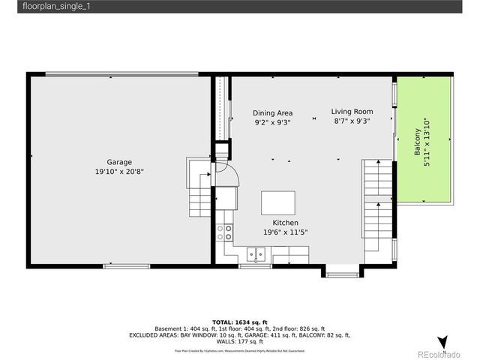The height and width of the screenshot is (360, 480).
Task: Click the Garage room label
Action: pyautogui.click(x=119, y=162)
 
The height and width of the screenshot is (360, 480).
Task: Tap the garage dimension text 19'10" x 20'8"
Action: pyautogui.click(x=119, y=172)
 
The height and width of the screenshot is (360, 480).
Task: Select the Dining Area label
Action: pyautogui.click(x=272, y=113)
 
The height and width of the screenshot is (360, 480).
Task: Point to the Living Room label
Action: pyautogui.click(x=352, y=112)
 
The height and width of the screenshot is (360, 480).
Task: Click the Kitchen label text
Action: pyautogui.click(x=285, y=223)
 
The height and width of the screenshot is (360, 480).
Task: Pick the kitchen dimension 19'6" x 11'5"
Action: pyautogui.click(x=285, y=232)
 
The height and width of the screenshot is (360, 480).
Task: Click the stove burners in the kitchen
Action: pyautogui.click(x=224, y=232)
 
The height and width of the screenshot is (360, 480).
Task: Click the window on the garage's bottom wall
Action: pyautogui.click(x=126, y=265)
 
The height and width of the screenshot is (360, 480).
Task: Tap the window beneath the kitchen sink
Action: pyautogui.click(x=255, y=266)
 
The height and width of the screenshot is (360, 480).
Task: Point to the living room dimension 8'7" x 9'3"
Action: pyautogui.click(x=352, y=121)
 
